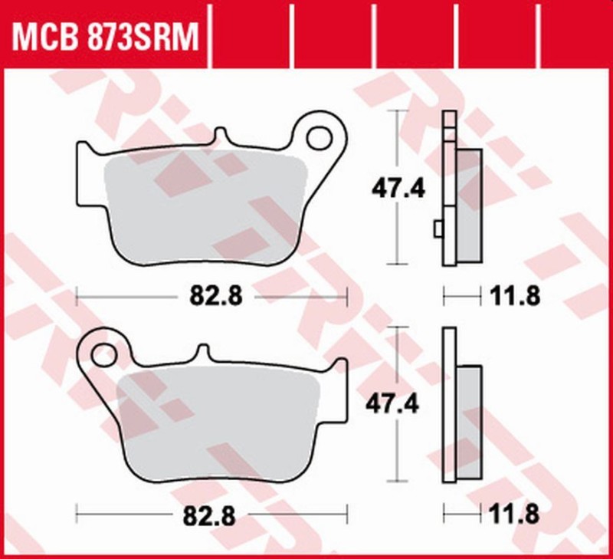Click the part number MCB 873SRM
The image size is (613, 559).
pos(103,35)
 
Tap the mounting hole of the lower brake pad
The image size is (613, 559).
pos(103,354)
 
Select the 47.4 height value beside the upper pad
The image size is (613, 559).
pos(398,187)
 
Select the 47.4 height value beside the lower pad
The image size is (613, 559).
pos(398,403)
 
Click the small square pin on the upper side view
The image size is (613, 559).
pos(438,229)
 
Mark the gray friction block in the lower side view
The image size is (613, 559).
pos(469,423)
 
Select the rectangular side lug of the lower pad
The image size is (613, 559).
pos(336,391)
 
